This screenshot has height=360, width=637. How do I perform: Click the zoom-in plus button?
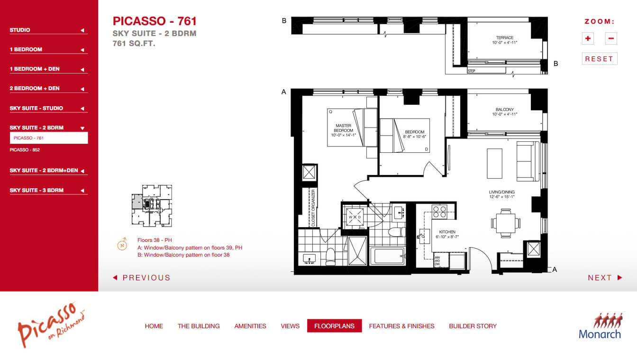(x=588, y=38)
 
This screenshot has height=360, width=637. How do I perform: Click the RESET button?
(x=599, y=59)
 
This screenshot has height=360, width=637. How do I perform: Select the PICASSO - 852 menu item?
(x=25, y=150)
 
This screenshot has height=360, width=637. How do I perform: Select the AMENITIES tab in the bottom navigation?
(x=250, y=326)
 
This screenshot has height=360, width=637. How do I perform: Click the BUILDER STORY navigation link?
(x=473, y=326)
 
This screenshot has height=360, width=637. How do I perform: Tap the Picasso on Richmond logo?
(x=51, y=325)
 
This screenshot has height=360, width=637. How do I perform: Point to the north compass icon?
(x=122, y=244)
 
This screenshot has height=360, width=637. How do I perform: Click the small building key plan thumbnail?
(x=152, y=206)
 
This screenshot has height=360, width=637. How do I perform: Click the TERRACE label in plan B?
(x=505, y=37)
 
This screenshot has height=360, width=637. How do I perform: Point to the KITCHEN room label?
(x=447, y=232)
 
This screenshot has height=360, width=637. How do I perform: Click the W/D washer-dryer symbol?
(x=355, y=217)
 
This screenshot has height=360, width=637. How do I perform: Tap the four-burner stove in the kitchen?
(x=439, y=212)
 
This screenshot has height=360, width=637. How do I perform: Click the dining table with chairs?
(x=506, y=223)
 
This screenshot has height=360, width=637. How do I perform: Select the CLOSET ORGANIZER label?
(x=313, y=208)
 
